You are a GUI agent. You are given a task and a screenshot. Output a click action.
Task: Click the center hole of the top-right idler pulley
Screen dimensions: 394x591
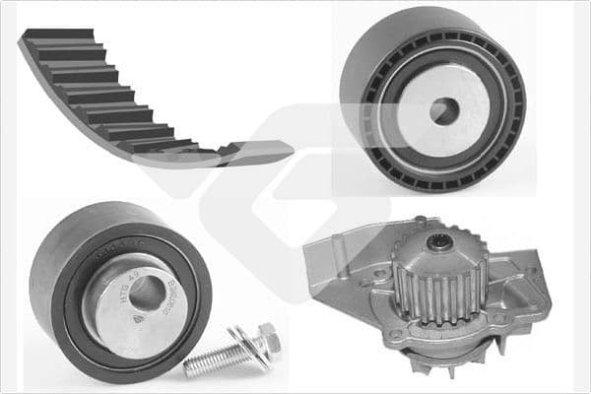pyautogui.click(x=444, y=111)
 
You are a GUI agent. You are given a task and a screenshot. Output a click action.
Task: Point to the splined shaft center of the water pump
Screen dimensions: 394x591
pyautogui.click(x=442, y=241)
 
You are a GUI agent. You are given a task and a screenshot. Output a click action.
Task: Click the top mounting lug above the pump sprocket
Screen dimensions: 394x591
pyautogui.click(x=424, y=224)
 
